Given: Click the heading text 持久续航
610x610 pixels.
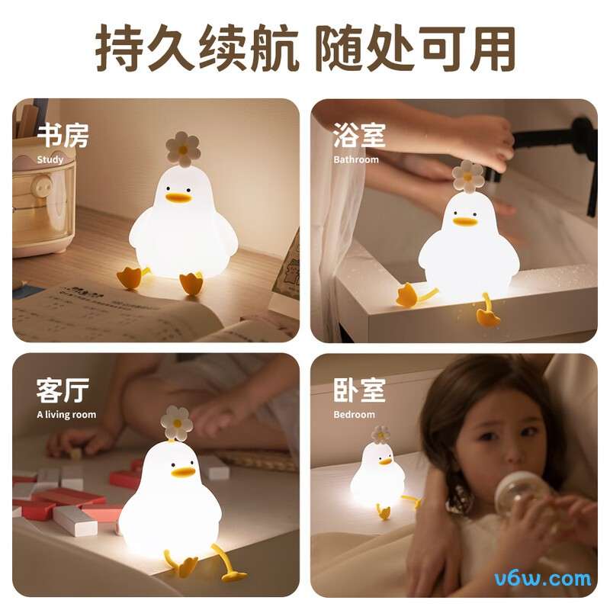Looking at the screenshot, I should (197, 48).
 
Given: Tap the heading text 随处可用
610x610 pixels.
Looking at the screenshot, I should (416, 48).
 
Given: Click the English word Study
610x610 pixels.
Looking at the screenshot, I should (50, 160).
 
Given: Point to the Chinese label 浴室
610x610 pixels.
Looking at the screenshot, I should (359, 136).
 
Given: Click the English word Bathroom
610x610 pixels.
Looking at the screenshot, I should (356, 160).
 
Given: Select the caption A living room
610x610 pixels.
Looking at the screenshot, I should (66, 415).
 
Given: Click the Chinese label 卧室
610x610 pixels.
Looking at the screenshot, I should (359, 390).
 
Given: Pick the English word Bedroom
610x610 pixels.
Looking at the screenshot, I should (355, 415).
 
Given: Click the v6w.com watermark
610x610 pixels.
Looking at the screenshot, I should (542, 577).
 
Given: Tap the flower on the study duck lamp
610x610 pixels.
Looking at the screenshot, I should (182, 148).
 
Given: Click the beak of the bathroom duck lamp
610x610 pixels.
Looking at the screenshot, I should (464, 221).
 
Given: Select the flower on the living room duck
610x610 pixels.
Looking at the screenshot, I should (177, 422).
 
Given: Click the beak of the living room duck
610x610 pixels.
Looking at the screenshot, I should (183, 472).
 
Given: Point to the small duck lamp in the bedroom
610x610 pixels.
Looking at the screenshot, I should (379, 477).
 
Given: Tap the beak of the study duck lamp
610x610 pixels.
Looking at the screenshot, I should (178, 198).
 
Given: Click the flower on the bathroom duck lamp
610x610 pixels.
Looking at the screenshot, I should (467, 175).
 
